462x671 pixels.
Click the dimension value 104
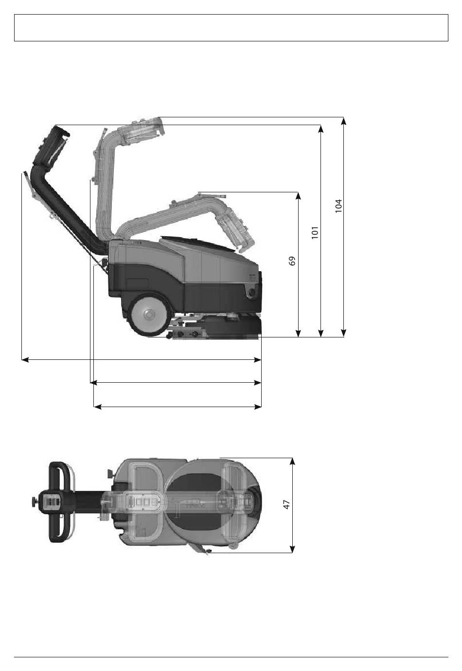tap(338, 206)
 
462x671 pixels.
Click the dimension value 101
tap(315, 232)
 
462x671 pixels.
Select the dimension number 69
tap(292, 261)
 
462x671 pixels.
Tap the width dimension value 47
tap(286, 504)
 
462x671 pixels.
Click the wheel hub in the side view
tap(148, 315)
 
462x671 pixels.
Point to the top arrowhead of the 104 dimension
tap(344, 121)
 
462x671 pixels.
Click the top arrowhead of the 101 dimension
tap(321, 129)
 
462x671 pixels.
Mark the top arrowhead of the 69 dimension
tap(298, 196)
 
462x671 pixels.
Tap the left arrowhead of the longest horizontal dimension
tap(25, 359)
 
